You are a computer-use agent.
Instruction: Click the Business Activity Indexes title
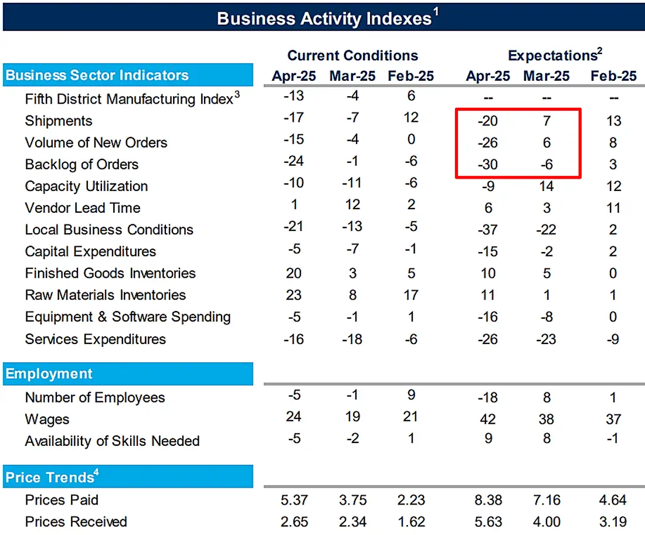324,18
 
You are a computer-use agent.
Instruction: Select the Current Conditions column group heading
352,56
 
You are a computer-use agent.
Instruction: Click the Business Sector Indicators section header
97,76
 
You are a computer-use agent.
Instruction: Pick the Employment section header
49,374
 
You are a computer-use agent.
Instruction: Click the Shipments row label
59,121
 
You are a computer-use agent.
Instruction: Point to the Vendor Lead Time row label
83,208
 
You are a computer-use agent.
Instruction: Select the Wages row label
47,419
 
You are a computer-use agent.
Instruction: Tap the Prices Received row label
76,522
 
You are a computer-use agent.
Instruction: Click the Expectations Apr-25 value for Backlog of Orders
487,165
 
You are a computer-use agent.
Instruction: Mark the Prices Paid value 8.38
487,500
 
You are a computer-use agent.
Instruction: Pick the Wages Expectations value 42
487,419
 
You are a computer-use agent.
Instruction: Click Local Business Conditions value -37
487,230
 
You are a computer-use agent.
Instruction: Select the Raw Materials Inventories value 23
293,295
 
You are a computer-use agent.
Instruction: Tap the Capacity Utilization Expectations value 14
546,186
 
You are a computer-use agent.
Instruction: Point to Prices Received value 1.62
410,522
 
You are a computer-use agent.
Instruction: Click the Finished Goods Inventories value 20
293,273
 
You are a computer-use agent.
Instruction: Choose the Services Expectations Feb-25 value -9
613,339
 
